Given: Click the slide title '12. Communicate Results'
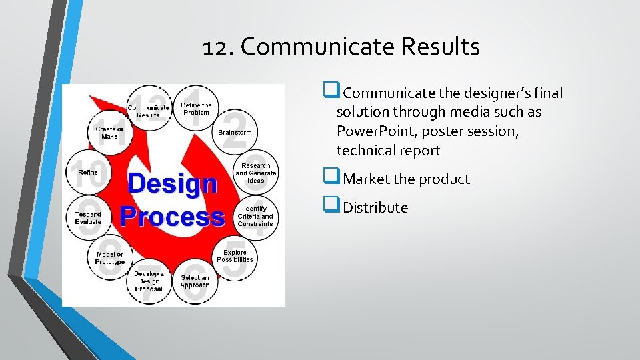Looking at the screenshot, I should pyautogui.click(x=341, y=47).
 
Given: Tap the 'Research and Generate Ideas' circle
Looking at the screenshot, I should pyautogui.click(x=256, y=173).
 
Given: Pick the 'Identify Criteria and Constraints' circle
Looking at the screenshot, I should pyautogui.click(x=255, y=216).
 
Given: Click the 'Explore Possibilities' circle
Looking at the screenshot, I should pyautogui.click(x=235, y=256).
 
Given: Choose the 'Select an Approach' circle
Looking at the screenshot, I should pyautogui.click(x=195, y=281).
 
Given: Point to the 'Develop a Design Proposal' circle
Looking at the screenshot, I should pyautogui.click(x=149, y=281).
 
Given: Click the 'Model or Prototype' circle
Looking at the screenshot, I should pyautogui.click(x=110, y=258).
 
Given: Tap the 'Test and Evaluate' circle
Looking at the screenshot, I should pyautogui.click(x=88, y=218).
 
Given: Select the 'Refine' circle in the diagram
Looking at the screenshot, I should pyautogui.click(x=88, y=172).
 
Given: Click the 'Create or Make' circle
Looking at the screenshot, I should pyautogui.click(x=109, y=133).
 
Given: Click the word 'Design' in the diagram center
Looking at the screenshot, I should pyautogui.click(x=172, y=184).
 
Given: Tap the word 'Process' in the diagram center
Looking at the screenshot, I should pyautogui.click(x=172, y=217).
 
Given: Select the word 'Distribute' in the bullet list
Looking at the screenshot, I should pyautogui.click(x=375, y=208).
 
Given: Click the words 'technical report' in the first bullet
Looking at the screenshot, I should pyautogui.click(x=388, y=151).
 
